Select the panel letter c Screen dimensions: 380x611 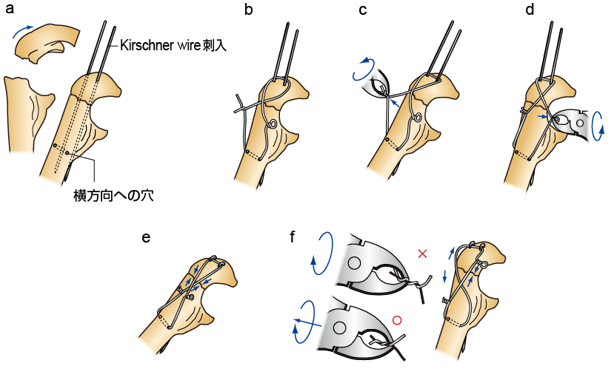tap(362, 10)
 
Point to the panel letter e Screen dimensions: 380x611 tap(146, 237)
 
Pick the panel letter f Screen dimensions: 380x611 tap(295, 237)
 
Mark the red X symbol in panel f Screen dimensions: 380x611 tap(423, 254)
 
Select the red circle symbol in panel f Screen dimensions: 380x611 tap(397, 320)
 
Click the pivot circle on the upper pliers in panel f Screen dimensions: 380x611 tap(353, 262)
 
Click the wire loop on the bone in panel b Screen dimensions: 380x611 tap(273, 123)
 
